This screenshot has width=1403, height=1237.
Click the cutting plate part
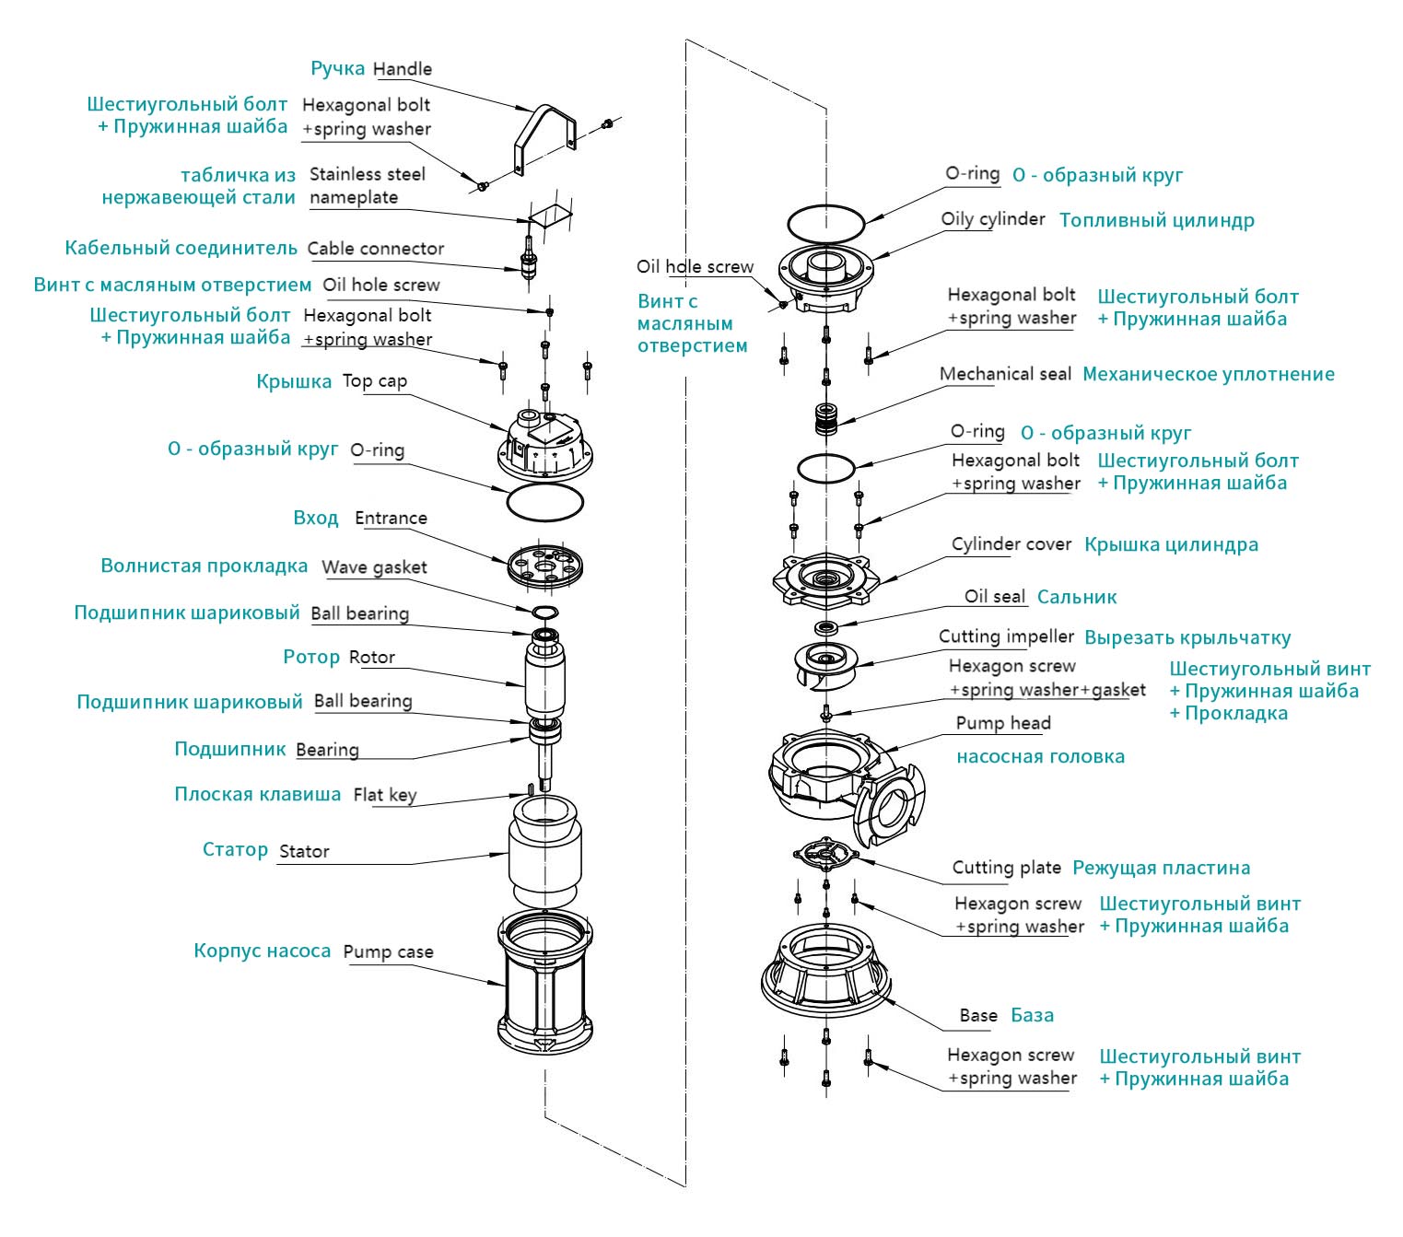pyautogui.click(x=826, y=855)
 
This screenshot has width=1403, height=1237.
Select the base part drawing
pyautogui.click(x=825, y=967)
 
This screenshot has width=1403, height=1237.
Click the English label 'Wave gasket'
pyautogui.click(x=374, y=567)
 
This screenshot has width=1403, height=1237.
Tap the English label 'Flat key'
pyautogui.click(x=385, y=795)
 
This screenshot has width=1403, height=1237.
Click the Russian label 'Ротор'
pyautogui.click(x=311, y=658)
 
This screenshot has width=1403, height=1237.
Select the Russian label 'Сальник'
pyautogui.click(x=1076, y=598)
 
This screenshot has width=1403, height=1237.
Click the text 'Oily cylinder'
pyautogui.click(x=993, y=219)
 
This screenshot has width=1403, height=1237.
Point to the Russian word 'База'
pyautogui.click(x=1032, y=1016)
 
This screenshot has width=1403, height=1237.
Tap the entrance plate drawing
pyautogui.click(x=546, y=566)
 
